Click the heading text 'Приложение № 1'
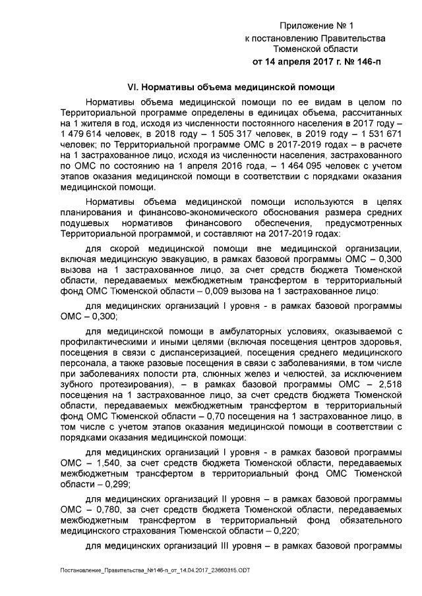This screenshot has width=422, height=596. point(316,26)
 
